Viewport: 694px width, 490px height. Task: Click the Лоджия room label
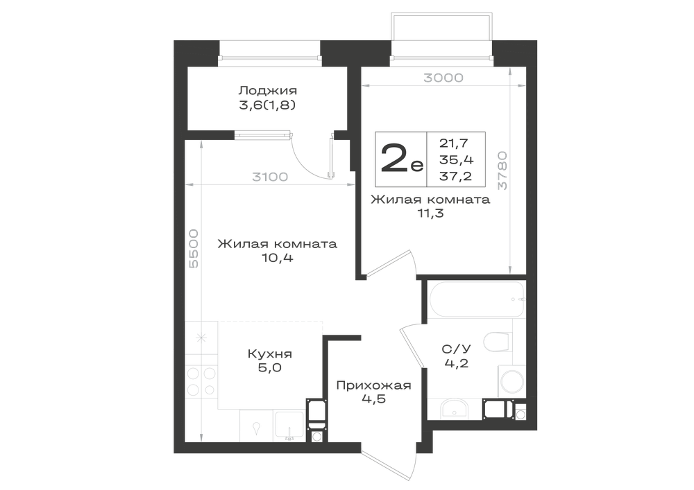point(267,91)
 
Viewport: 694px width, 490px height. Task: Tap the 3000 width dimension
point(443,78)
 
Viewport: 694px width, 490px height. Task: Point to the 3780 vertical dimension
point(502,170)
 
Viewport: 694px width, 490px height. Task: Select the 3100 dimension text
point(270,177)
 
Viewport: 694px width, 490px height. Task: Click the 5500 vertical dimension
point(194,249)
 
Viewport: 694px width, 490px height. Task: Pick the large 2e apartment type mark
point(402,159)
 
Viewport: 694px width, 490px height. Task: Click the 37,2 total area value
point(455,176)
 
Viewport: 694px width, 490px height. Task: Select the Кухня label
point(269,354)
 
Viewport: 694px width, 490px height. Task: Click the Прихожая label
point(373,386)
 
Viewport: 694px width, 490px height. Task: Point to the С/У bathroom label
point(457,349)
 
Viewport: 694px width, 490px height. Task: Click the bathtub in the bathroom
point(476,299)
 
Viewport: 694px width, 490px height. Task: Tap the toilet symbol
point(498,342)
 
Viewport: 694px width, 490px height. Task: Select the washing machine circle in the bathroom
point(512,381)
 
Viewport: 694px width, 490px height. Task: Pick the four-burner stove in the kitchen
point(201,381)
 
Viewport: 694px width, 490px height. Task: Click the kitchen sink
point(289,426)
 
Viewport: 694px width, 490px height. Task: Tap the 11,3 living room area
point(430,213)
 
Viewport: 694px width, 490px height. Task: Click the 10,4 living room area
point(277,258)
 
